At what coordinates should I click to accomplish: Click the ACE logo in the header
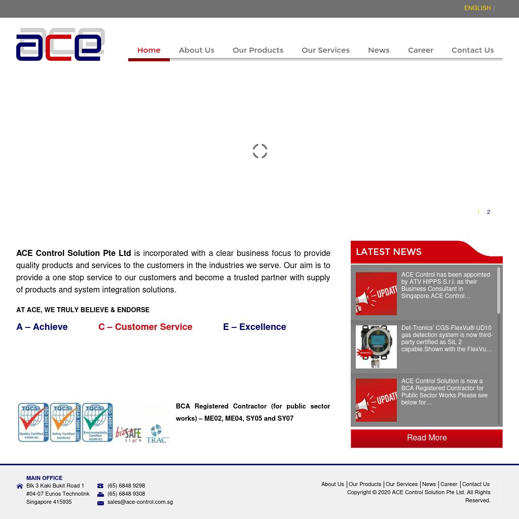60,45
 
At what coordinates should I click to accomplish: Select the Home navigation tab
149,50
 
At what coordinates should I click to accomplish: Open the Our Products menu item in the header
257,50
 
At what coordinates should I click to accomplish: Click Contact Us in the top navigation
472,50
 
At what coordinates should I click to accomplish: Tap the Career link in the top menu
420,50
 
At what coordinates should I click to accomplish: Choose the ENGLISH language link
477,8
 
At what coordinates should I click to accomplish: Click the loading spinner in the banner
259,151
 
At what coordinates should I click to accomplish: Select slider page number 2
489,212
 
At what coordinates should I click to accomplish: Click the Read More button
426,438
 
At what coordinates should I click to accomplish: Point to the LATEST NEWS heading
389,252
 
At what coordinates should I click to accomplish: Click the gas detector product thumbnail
376,347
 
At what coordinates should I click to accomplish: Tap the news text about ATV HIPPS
446,285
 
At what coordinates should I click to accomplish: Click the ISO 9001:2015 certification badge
33,422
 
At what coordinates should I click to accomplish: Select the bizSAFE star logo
129,434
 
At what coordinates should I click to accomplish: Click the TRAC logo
157,434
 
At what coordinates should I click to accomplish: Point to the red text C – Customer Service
145,327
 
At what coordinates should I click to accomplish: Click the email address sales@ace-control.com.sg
140,502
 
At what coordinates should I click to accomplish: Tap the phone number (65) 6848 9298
126,486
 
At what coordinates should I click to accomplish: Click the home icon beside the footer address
20,486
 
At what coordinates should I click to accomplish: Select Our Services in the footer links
401,485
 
